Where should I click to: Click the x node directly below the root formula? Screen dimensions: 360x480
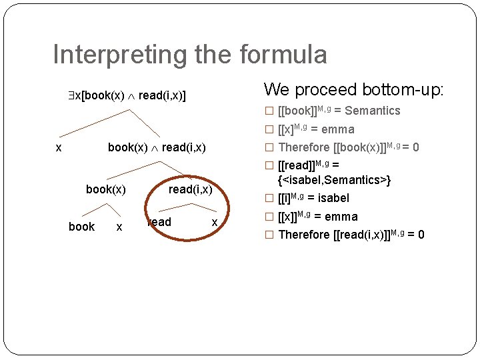click(x=59, y=147)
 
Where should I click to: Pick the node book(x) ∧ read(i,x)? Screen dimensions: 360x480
click(x=157, y=147)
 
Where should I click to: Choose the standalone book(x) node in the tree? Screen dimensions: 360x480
click(x=106, y=189)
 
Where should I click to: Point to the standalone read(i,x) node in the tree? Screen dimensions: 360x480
click(x=190, y=189)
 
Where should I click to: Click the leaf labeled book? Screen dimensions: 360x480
click(x=82, y=227)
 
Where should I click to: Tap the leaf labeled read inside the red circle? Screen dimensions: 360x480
click(x=159, y=222)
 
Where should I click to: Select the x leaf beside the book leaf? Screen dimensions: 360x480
click(x=119, y=227)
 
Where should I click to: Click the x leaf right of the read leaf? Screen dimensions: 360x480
click(x=214, y=222)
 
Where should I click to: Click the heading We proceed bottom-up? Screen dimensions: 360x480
click(x=353, y=89)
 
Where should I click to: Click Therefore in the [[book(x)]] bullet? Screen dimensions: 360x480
click(x=303, y=147)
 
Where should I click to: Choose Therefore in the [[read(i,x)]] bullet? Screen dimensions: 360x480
click(x=303, y=235)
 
